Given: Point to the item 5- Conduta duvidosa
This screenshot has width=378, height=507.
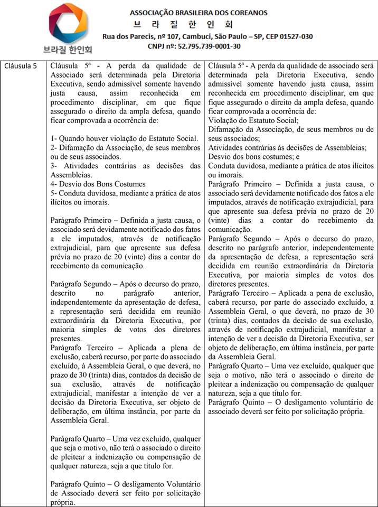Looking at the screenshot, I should [x=126, y=193].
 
